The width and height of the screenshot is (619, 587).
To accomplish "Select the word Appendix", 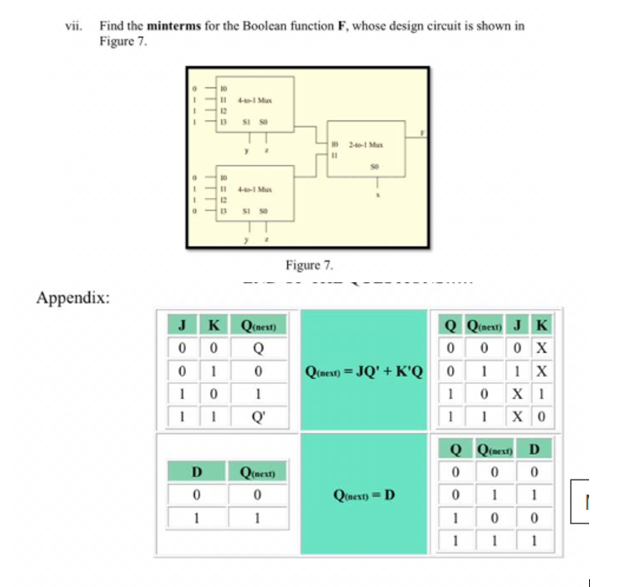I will (73, 299).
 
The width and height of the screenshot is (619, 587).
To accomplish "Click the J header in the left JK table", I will (182, 325).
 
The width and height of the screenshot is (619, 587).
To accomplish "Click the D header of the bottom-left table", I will (197, 472).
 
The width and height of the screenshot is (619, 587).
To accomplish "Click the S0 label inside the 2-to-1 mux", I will (374, 167).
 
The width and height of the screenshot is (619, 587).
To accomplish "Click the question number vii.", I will (72, 25).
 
